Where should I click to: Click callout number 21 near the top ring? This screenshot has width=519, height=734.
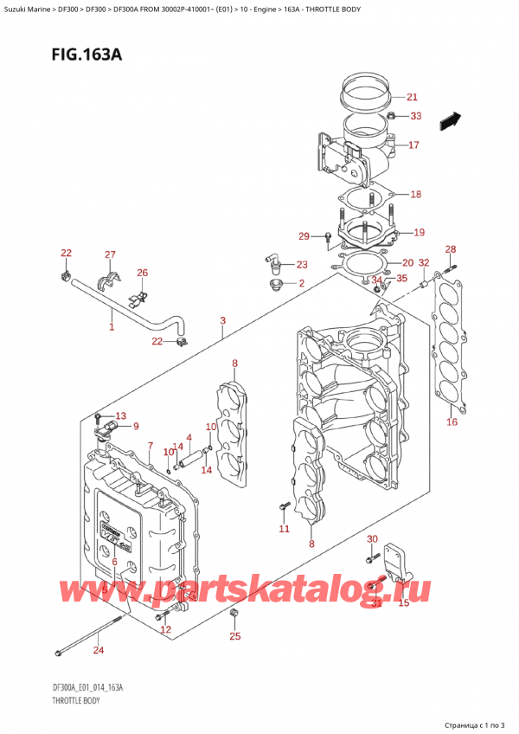coord(412,97)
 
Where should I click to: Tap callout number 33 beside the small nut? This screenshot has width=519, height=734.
coord(416,116)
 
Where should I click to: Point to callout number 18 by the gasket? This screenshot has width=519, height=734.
coord(415,195)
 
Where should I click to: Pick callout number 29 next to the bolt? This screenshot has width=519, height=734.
coord(304,236)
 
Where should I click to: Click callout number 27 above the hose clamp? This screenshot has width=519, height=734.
coord(110,254)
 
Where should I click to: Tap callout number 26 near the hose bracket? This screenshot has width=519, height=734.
coord(142,274)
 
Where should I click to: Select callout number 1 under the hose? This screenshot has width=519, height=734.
coord(111,327)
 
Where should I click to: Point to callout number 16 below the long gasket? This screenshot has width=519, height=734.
coord(451,422)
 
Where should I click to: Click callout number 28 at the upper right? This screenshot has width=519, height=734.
coord(451,250)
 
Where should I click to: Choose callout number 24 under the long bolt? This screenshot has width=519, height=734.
coord(98,650)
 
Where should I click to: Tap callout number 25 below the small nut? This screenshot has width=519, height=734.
coord(235,637)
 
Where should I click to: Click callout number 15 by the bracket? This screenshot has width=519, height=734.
coord(403,602)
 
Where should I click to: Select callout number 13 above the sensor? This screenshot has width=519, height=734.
coord(119,415)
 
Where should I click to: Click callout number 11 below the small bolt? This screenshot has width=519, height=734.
coord(284,528)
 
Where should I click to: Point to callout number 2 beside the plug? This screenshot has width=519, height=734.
coord(301,283)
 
